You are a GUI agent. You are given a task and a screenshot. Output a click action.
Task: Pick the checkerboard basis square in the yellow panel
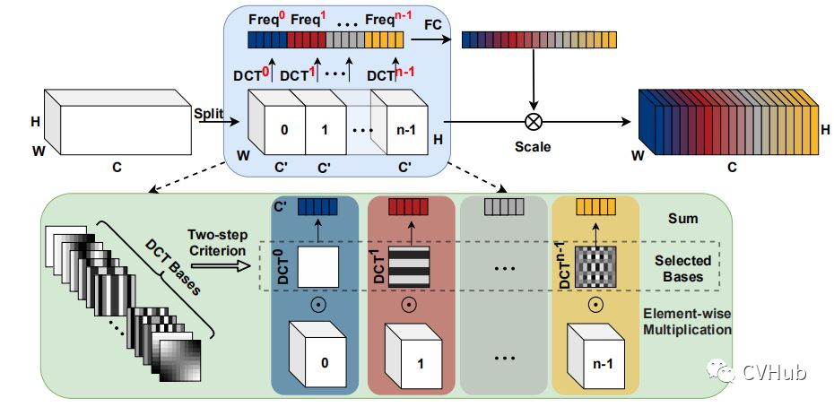tap(595, 266)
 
